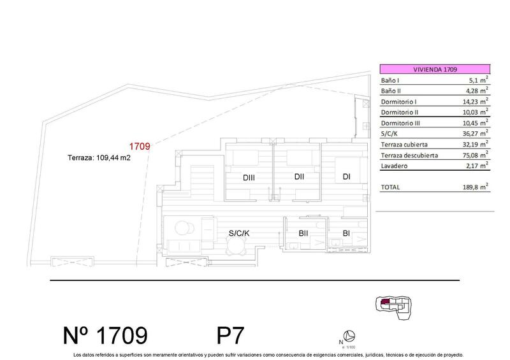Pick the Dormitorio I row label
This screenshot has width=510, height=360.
tap(398, 101)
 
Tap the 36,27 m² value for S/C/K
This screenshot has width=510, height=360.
tap(476, 133)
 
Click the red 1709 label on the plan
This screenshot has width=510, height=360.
tap(139, 147)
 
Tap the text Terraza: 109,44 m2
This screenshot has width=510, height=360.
tap(99, 160)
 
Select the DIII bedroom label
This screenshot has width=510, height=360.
tap(249, 178)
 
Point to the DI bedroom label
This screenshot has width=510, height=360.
tap(346, 177)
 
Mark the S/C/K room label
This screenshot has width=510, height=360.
tap(238, 233)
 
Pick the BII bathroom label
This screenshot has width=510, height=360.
tap(303, 233)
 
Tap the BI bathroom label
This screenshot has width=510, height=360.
tap(346, 233)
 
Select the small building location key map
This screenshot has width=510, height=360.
tap(394, 307)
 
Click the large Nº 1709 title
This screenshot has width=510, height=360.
tap(106, 336)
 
